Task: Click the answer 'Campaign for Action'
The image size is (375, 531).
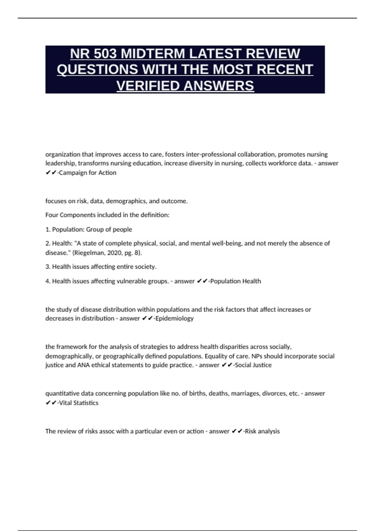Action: coord(87,173)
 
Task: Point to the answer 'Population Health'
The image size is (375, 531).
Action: coord(236,281)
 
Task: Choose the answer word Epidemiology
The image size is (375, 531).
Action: coord(174,318)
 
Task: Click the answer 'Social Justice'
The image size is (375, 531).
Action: coord(253,365)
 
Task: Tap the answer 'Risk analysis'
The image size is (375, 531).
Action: coord(262,431)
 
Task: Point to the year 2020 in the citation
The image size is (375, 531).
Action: coord(115,253)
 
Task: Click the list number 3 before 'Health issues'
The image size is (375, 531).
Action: coord(47,267)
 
